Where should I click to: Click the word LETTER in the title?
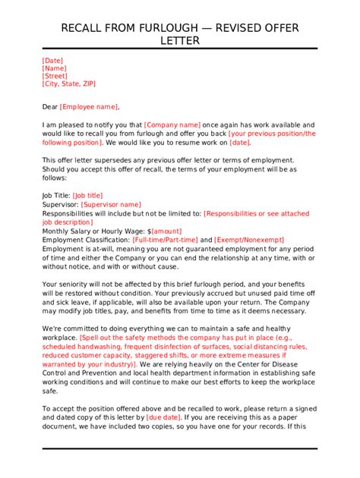point(179,41)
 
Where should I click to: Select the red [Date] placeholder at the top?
point(52,61)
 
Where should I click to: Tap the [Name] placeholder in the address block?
point(55,68)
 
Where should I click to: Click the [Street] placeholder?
point(55,76)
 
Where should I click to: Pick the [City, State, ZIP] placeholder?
point(68,83)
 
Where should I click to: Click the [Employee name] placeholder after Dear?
point(89,107)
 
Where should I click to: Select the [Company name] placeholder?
point(172,124)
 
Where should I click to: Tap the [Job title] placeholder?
point(88,196)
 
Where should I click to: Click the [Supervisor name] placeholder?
point(111,204)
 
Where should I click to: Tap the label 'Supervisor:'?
point(60,204)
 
